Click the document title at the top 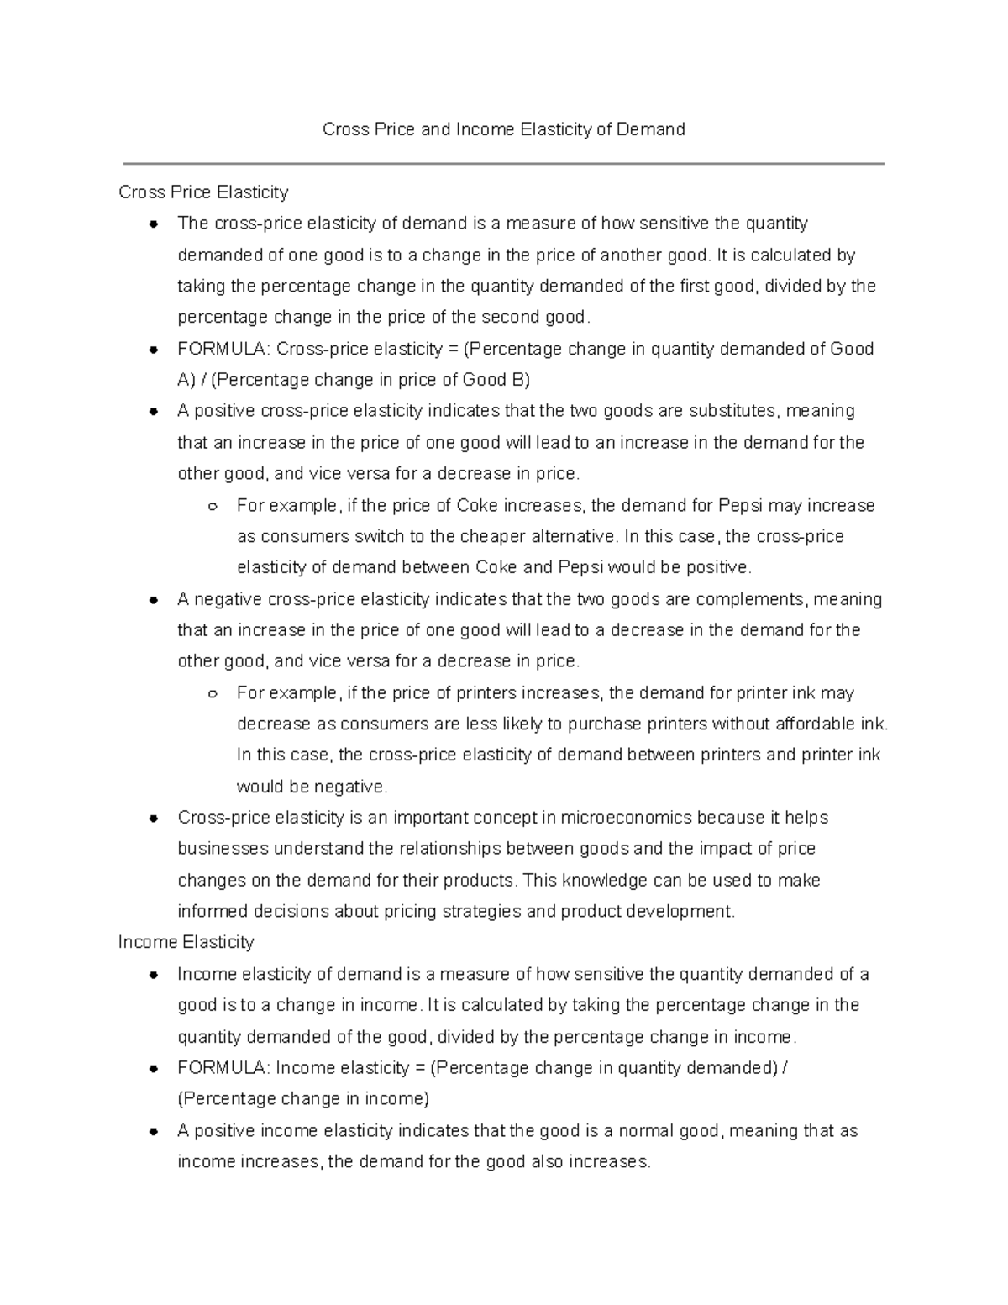pos(504,129)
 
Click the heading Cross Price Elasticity pos(203,192)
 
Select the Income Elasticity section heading pos(186,942)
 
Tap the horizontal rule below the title pos(504,164)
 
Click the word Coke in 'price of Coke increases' pos(478,506)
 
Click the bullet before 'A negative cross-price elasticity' pos(154,600)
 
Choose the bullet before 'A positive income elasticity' pos(154,1132)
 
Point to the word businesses pos(223,849)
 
